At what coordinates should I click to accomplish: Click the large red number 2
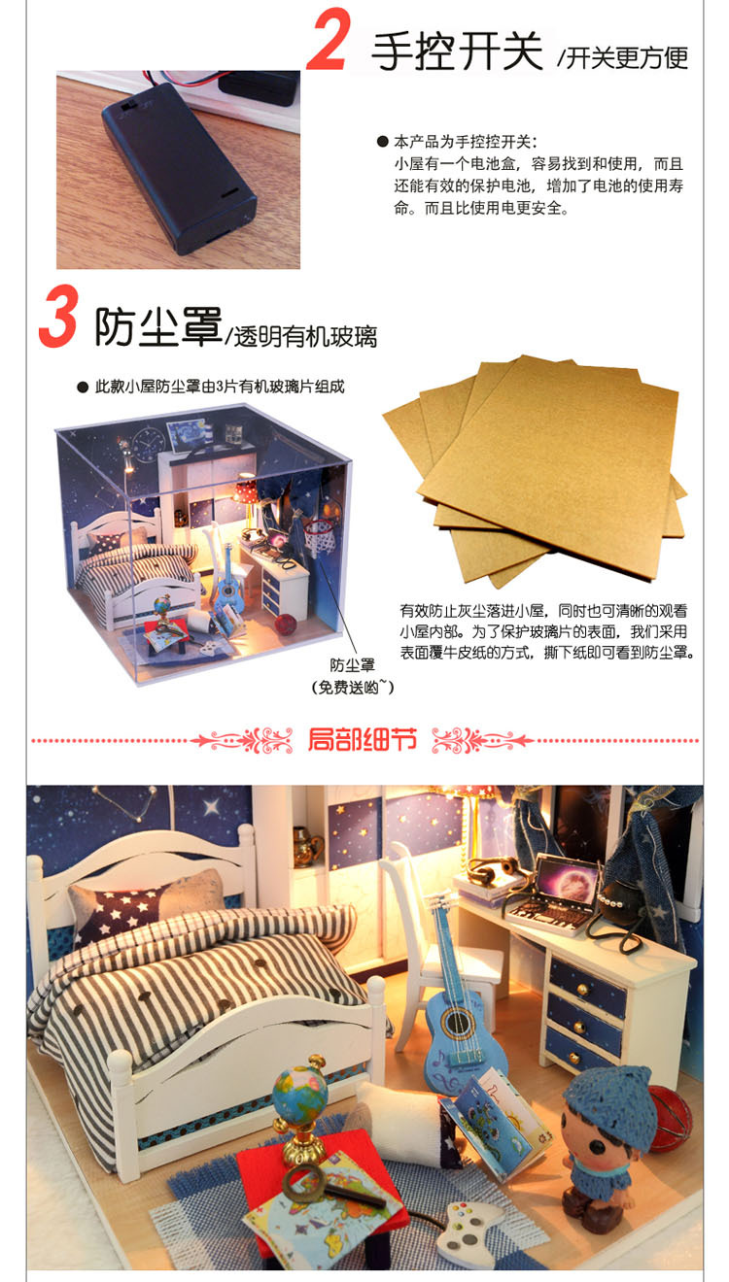pyautogui.click(x=329, y=39)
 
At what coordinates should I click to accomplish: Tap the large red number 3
pyautogui.click(x=58, y=316)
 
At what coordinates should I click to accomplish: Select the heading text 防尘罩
pyautogui.click(x=158, y=326)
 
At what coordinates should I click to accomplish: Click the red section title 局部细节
pyautogui.click(x=362, y=739)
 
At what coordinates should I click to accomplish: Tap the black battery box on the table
pyautogui.click(x=179, y=168)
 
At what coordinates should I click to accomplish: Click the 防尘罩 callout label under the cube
pyautogui.click(x=352, y=665)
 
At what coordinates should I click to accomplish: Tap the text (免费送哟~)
pyautogui.click(x=352, y=687)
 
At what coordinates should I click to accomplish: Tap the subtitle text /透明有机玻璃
pyautogui.click(x=301, y=336)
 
